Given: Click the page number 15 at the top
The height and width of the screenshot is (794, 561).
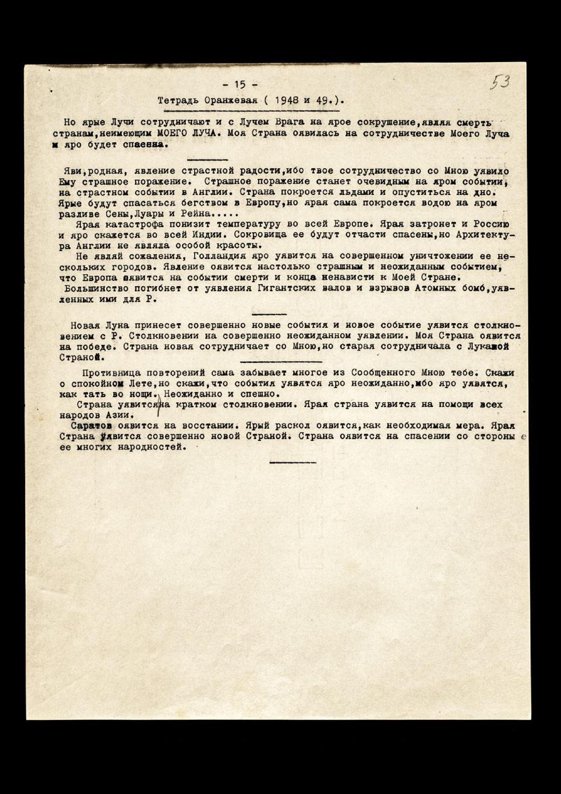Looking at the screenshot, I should click(240, 84).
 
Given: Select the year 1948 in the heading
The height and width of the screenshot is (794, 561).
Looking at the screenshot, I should click(287, 101).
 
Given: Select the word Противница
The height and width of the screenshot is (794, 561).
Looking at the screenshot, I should click(111, 373).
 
